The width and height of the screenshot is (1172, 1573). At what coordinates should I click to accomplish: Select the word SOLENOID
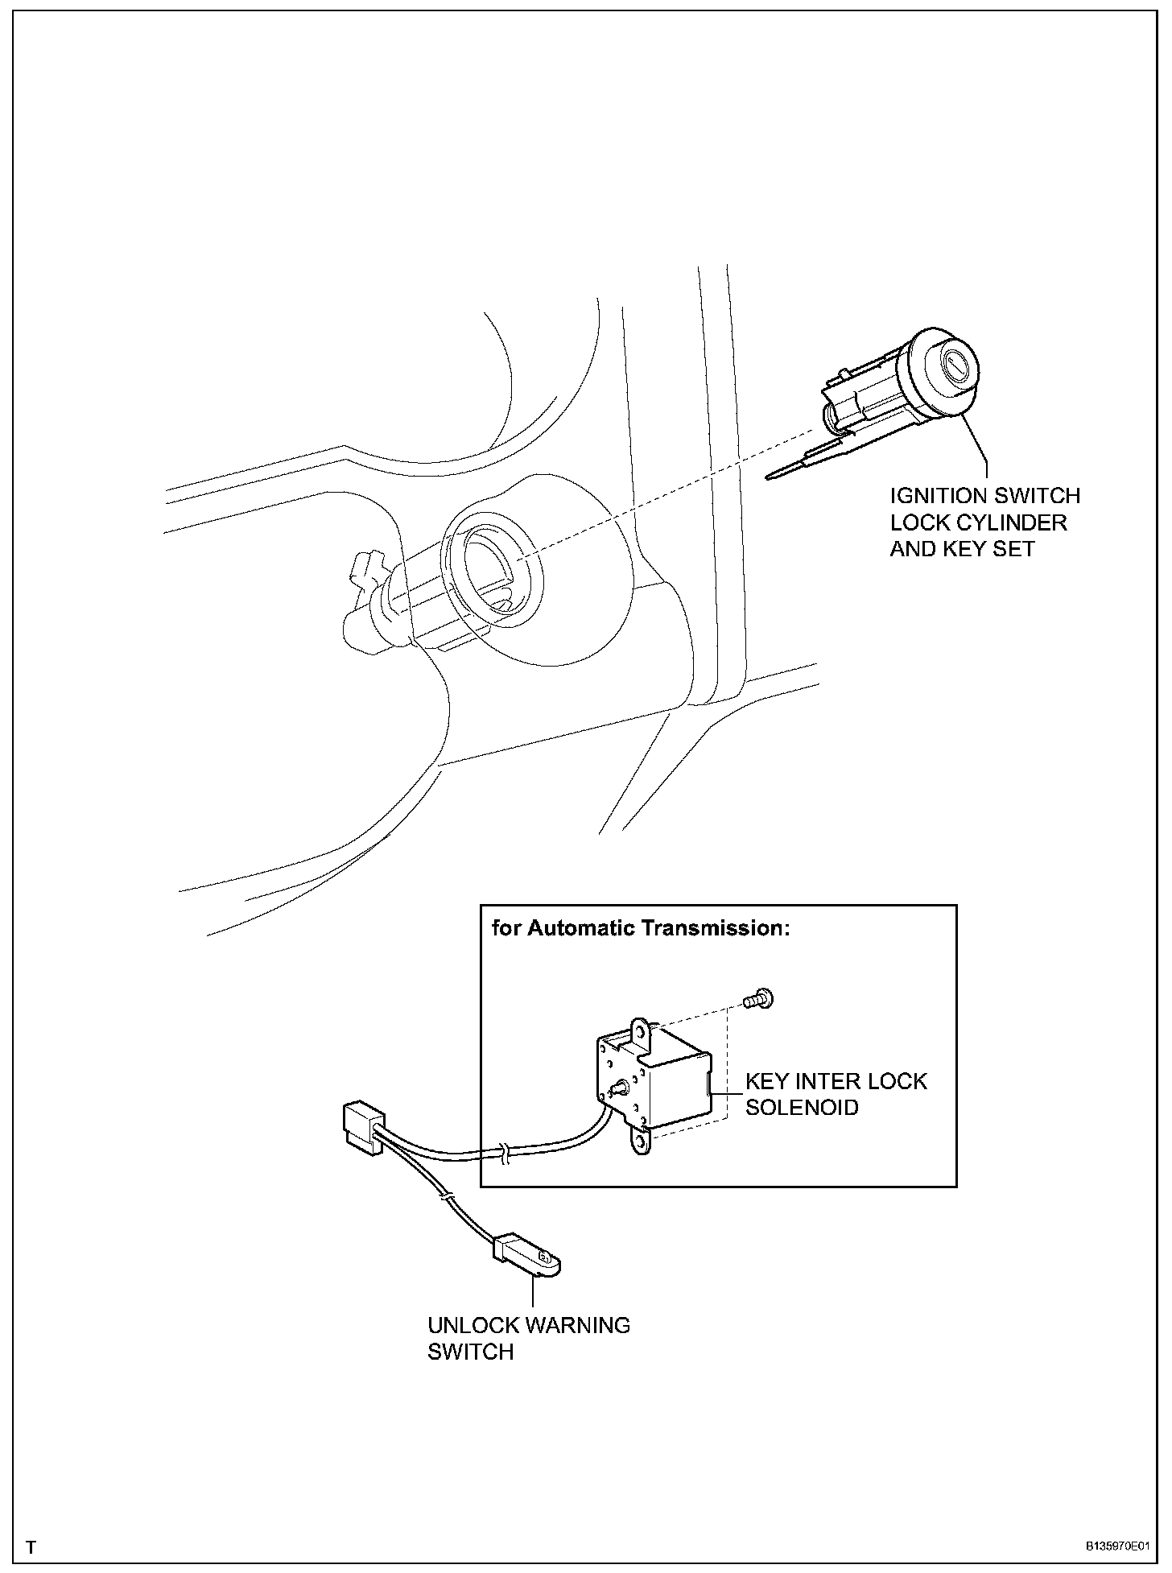pos(802,1107)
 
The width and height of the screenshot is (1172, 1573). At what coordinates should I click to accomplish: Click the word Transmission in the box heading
pos(714,928)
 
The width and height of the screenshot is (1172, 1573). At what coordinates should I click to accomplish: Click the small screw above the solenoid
pos(757,999)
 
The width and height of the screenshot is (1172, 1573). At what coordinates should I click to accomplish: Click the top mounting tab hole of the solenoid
pos(639,1030)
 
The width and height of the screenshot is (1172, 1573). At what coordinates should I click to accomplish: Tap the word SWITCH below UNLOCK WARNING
pos(470,1352)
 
